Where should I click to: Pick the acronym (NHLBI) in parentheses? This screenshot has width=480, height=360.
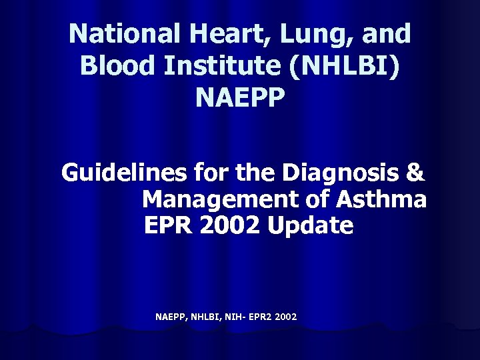tap(352, 65)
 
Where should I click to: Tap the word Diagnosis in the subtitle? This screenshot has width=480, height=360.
tap(341, 173)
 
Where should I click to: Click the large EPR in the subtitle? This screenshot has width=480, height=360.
tap(166, 226)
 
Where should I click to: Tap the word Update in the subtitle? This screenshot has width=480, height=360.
tap(310, 226)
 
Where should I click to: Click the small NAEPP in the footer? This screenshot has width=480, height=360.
tap(170, 316)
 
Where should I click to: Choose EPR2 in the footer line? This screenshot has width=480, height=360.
tap(257, 316)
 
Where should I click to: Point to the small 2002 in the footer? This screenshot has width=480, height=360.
tap(285, 316)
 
